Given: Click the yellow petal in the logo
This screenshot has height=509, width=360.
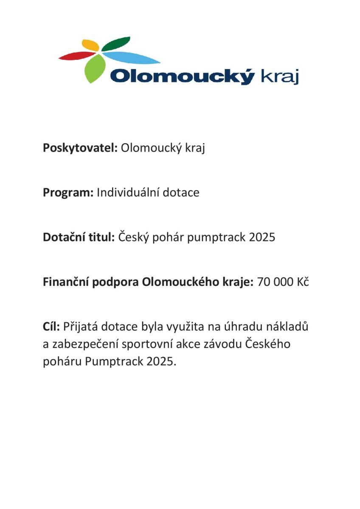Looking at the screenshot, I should tap(90, 45).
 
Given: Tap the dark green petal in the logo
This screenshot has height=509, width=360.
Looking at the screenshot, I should tap(115, 43).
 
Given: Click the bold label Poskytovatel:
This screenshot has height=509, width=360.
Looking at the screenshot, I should tap(80, 148).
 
